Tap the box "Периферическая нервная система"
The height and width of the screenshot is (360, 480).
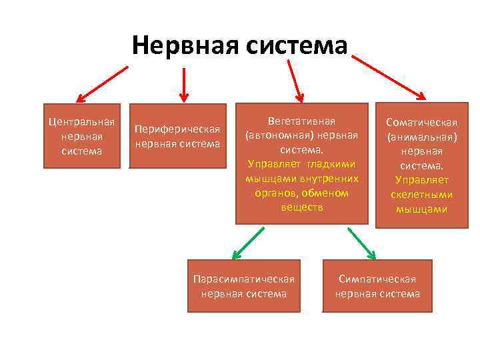(177, 136)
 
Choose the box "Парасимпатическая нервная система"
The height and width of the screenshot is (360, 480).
(243, 286)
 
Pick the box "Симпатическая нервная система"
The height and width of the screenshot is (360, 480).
(377, 286)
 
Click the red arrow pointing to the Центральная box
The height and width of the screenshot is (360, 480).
(102, 83)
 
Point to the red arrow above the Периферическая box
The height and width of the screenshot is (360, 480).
(183, 81)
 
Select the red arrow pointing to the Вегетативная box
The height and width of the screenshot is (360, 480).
(295, 79)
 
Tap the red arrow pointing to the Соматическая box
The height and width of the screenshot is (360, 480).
(390, 77)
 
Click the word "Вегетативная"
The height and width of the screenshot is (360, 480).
(301, 121)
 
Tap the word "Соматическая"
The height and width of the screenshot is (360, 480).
(422, 123)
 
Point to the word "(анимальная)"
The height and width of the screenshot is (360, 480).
(422, 137)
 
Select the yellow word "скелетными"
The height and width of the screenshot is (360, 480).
(422, 195)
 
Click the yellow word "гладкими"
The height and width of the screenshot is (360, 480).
(331, 164)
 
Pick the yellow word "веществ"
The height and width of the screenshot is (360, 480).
(301, 207)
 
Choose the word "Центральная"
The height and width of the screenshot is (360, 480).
(81, 122)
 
